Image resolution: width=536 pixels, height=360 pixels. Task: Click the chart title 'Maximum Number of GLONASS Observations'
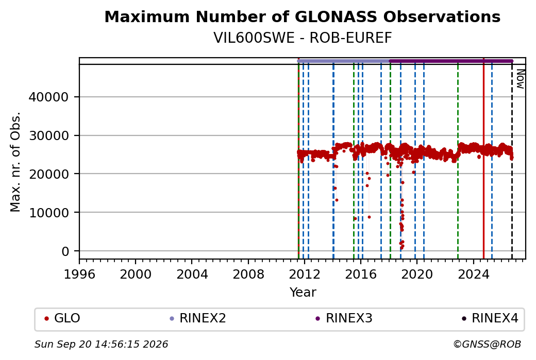(302, 16)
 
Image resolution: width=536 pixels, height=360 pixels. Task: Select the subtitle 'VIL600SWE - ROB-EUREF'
(302, 38)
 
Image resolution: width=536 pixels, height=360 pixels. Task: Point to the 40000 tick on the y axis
(48, 97)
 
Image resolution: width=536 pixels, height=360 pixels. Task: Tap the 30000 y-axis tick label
(48, 135)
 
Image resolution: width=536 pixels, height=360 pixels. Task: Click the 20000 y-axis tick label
(48, 174)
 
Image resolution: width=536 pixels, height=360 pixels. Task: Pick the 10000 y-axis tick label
(48, 213)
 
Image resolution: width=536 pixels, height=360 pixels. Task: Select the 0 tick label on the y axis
(65, 251)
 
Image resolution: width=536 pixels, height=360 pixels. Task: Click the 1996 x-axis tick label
(79, 275)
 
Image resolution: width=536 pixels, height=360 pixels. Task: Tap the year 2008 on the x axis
(248, 275)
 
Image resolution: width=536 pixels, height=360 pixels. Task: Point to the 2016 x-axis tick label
(361, 275)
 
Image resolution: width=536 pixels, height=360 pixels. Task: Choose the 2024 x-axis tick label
(474, 275)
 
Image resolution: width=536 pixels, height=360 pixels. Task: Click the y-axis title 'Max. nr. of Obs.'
(15, 162)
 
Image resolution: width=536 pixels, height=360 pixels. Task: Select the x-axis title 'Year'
(303, 293)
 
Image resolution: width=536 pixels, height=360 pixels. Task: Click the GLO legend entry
(62, 318)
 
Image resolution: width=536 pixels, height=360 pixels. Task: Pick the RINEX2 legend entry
(198, 318)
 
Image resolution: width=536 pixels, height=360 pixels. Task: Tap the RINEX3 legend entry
(344, 318)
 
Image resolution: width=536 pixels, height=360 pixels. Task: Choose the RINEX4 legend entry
(490, 318)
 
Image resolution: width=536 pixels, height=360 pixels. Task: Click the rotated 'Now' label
(520, 79)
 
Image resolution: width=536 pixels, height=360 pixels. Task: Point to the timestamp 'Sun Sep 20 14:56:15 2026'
(101, 344)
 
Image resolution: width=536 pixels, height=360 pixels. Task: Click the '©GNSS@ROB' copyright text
(487, 344)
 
